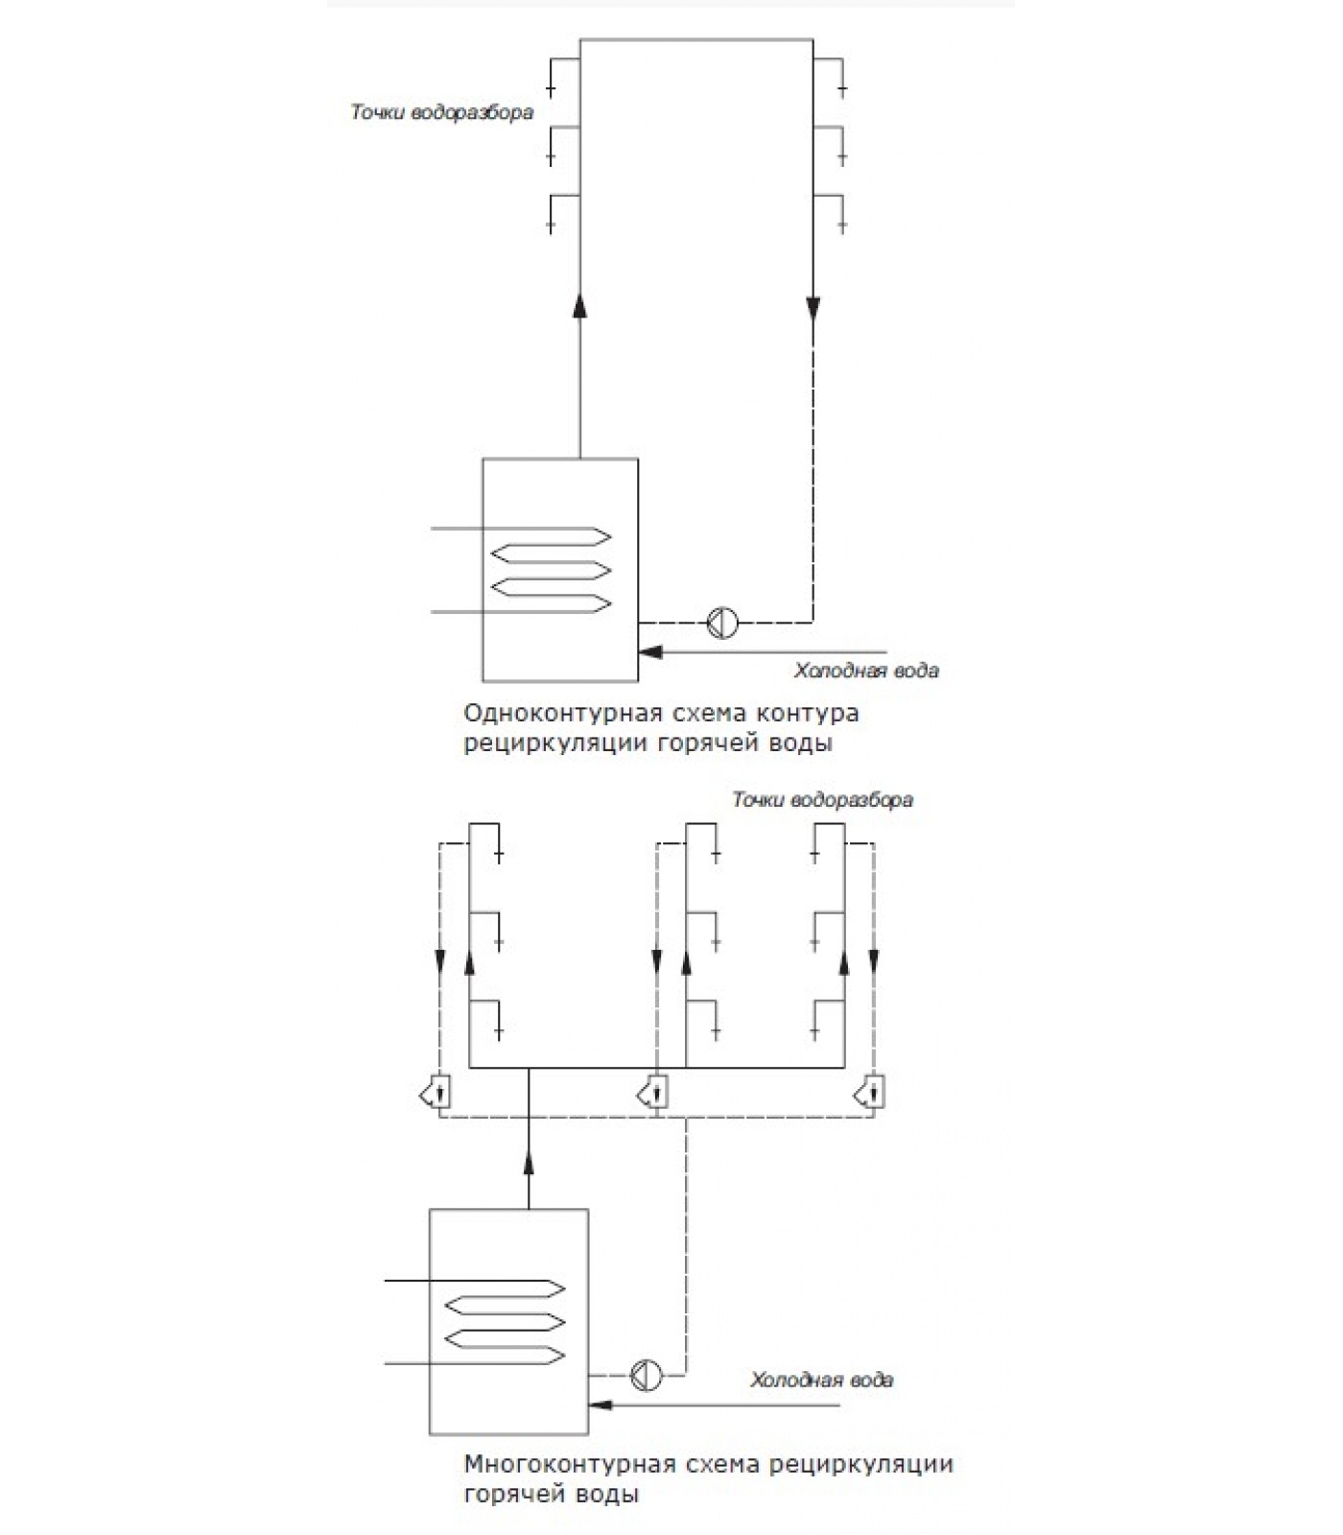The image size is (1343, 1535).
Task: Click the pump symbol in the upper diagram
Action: (x=722, y=624)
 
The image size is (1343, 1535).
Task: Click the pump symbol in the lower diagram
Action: (x=647, y=1375)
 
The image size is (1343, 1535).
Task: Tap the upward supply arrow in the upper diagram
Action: (x=579, y=305)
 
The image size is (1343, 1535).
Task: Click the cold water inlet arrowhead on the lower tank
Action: (x=601, y=1405)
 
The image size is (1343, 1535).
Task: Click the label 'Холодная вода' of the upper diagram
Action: (x=866, y=671)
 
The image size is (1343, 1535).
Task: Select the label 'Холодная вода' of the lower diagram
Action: (x=821, y=1380)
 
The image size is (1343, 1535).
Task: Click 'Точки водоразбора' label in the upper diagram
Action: (x=441, y=113)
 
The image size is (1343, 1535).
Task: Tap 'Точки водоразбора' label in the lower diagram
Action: (x=822, y=800)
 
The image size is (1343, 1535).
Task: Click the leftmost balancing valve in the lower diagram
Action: (x=437, y=1092)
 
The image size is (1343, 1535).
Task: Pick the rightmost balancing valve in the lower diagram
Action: (x=871, y=1092)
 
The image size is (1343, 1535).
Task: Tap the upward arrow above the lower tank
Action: (x=529, y=1162)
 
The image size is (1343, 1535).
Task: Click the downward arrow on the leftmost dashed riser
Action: (x=440, y=961)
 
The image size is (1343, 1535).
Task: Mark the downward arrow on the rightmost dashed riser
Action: (x=874, y=961)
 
